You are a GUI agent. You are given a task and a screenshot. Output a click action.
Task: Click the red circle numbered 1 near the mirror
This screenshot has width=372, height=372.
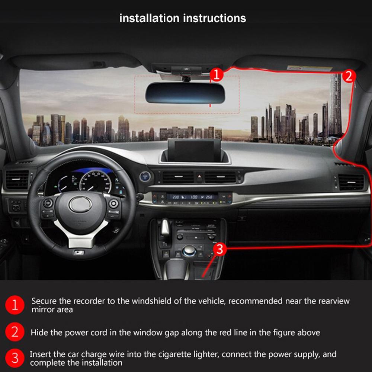click(x=217, y=75)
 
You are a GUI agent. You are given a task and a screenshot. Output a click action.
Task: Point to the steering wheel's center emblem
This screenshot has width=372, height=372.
click(x=80, y=204)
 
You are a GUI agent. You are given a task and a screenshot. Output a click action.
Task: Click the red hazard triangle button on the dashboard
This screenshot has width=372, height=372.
click(x=199, y=178)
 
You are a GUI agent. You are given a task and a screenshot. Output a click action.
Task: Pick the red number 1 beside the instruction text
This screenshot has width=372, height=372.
click(x=15, y=305)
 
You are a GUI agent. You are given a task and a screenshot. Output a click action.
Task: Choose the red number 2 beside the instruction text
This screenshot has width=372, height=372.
click(x=15, y=331)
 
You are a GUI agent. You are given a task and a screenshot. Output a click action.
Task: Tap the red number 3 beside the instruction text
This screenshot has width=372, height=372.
click(x=15, y=358)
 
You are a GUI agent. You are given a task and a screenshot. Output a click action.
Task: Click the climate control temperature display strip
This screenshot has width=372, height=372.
click(x=192, y=197)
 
